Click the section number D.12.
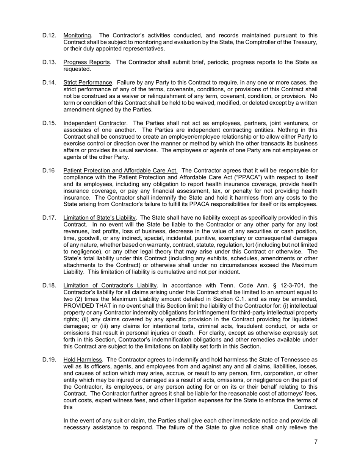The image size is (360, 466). pyautogui.click(x=49, y=35)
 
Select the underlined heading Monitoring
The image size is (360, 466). pyautogui.click(x=77, y=35)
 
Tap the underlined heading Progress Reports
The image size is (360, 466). pyautogui.click(x=87, y=62)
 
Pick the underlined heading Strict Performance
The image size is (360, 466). pyautogui.click(x=88, y=83)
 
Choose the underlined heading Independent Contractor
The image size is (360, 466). pyautogui.click(x=95, y=123)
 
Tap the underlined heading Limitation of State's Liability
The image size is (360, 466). pyautogui.click(x=100, y=218)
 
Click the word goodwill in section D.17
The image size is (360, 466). pyautogui.click(x=88, y=238)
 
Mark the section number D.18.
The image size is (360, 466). pyautogui.click(x=49, y=285)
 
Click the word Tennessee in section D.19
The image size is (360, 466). pyautogui.click(x=296, y=360)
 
